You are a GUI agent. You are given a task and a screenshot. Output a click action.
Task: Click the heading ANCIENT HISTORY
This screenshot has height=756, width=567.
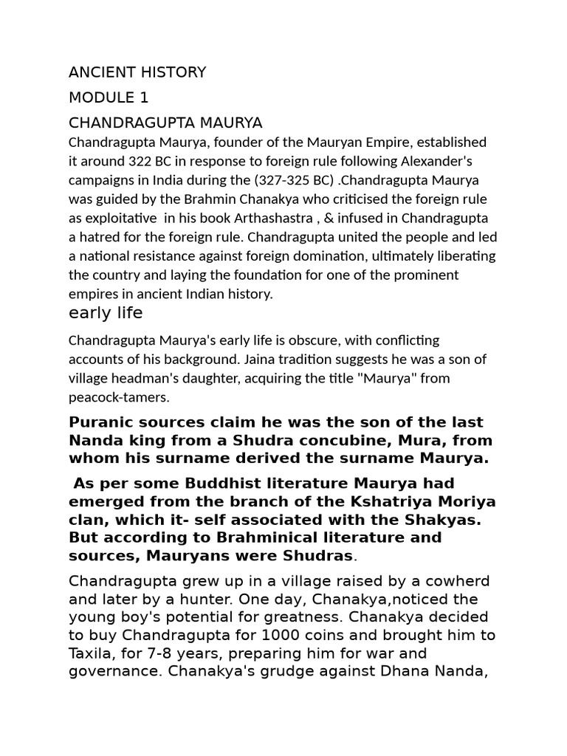click(137, 72)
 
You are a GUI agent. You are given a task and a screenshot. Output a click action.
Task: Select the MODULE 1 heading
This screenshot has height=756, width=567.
click(109, 97)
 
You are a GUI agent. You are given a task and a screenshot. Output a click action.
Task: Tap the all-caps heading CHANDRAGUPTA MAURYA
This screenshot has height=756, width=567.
click(165, 122)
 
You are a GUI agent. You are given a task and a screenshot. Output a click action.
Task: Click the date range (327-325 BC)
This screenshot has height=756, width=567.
click(298, 180)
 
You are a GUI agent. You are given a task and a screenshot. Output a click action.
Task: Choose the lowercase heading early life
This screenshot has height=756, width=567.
click(106, 313)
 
